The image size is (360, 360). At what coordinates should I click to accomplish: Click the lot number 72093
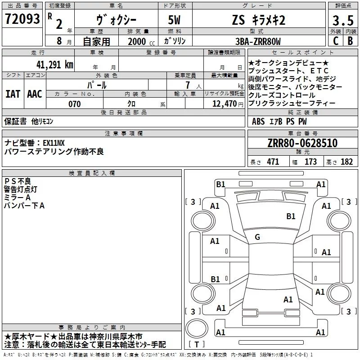tap(22, 19)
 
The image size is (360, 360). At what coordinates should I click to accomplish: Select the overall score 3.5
tap(343, 21)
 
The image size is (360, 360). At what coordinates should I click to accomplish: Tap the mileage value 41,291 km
tap(54, 65)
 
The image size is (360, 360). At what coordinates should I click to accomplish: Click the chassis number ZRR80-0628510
tap(302, 143)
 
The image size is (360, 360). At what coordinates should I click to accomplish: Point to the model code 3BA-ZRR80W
tap(258, 41)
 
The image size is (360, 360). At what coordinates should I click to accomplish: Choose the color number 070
tap(74, 104)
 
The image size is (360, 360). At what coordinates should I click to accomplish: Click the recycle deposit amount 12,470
tap(224, 104)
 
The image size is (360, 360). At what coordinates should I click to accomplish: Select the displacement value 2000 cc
tap(141, 41)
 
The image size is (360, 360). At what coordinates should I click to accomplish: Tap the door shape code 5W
tap(174, 20)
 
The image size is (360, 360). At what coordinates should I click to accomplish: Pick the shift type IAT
tap(13, 94)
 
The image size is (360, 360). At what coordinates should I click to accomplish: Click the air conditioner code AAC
tap(35, 94)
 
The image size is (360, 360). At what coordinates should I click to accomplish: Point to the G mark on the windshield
tap(257, 237)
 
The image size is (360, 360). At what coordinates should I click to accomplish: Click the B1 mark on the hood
tap(291, 216)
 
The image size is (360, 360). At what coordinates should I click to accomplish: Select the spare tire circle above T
tap(197, 328)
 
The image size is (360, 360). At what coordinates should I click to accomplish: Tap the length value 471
tap(273, 162)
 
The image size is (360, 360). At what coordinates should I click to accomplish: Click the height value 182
tap(346, 162)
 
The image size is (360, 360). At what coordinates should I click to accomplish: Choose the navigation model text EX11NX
tap(54, 143)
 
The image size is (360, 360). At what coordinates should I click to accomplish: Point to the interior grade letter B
tap(351, 41)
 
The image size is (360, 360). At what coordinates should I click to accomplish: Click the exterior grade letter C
tap(336, 41)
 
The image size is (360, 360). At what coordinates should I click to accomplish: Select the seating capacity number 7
tap(188, 85)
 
